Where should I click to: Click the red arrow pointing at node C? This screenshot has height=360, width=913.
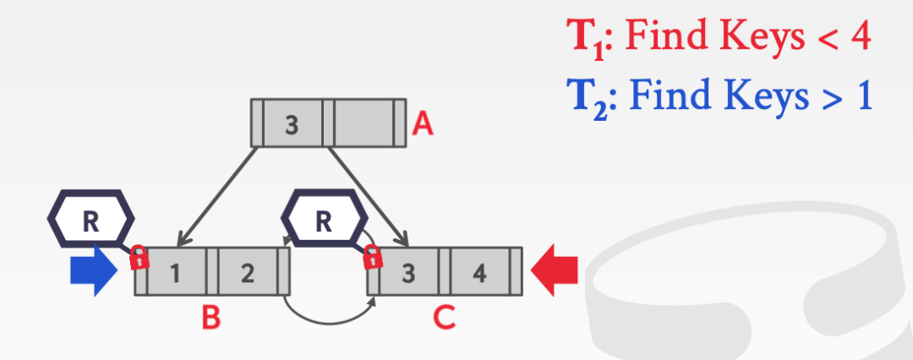click(555, 271)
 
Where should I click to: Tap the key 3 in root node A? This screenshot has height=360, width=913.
click(292, 124)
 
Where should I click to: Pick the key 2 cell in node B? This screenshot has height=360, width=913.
click(247, 271)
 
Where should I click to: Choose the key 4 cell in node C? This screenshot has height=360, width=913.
click(478, 271)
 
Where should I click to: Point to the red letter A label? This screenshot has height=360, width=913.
click(422, 127)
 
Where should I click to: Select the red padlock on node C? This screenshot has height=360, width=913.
click(372, 258)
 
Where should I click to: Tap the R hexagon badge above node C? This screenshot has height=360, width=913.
click(323, 221)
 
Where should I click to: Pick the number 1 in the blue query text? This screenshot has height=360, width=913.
click(863, 98)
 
